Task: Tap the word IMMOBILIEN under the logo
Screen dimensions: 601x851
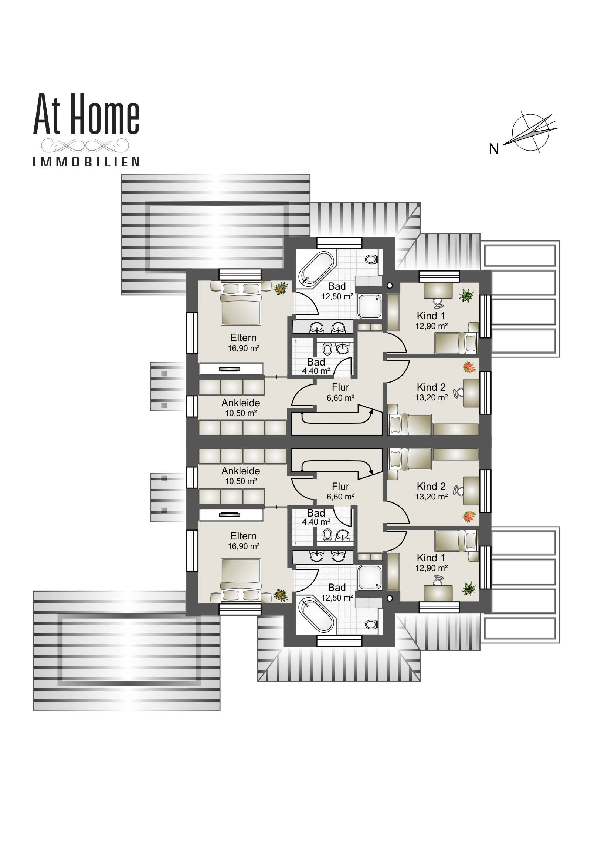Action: click(x=86, y=162)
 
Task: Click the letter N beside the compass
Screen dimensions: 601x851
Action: click(x=493, y=149)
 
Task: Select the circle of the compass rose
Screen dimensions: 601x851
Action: click(x=530, y=132)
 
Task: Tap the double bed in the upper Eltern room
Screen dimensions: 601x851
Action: click(x=241, y=303)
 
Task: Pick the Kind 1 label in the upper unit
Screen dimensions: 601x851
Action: click(x=431, y=316)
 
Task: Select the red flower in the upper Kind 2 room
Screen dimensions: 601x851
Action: click(x=469, y=367)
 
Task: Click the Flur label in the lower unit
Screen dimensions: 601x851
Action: click(x=340, y=487)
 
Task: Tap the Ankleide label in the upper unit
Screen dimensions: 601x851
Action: click(x=241, y=403)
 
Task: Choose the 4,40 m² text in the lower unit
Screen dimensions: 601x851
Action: click(x=316, y=522)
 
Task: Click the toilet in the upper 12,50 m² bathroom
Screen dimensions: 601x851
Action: click(x=371, y=259)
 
